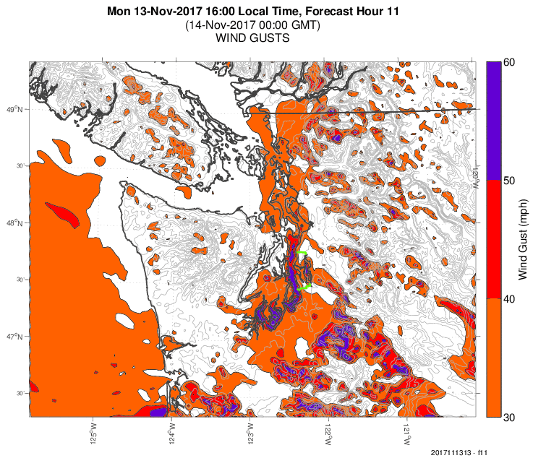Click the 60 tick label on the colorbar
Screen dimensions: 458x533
(x=508, y=62)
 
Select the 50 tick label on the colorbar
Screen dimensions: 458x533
(x=508, y=181)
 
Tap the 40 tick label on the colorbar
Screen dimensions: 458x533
(x=508, y=299)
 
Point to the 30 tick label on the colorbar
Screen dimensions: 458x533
(x=508, y=417)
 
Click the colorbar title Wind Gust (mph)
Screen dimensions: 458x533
(x=523, y=240)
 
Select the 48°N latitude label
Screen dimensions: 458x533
(x=16, y=223)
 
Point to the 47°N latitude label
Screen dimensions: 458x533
(x=16, y=337)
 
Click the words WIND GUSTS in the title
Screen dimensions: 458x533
(x=253, y=38)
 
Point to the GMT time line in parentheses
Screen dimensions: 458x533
(x=253, y=25)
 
